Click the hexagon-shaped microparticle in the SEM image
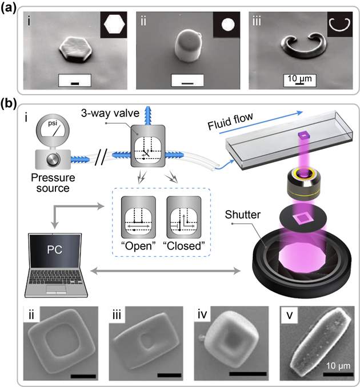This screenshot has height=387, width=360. (75, 49)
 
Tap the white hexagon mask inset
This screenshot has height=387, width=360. (114, 24)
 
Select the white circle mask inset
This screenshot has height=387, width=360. (227, 25)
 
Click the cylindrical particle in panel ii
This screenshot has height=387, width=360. (188, 46)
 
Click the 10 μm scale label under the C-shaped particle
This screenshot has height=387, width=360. (299, 79)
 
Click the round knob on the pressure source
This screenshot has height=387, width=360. (53, 159)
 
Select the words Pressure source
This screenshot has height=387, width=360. (53, 183)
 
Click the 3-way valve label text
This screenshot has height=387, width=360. (110, 113)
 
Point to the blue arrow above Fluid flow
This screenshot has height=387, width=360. (261, 123)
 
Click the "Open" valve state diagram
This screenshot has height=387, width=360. (138, 217)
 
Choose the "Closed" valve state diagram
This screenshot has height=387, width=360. (184, 217)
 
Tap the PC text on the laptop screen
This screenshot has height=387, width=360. (55, 249)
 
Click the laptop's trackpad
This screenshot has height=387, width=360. (57, 289)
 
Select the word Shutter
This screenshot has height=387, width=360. (243, 215)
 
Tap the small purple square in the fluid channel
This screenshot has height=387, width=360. (304, 135)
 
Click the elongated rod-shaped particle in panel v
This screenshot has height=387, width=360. (321, 341)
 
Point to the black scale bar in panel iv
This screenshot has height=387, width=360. (248, 374)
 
